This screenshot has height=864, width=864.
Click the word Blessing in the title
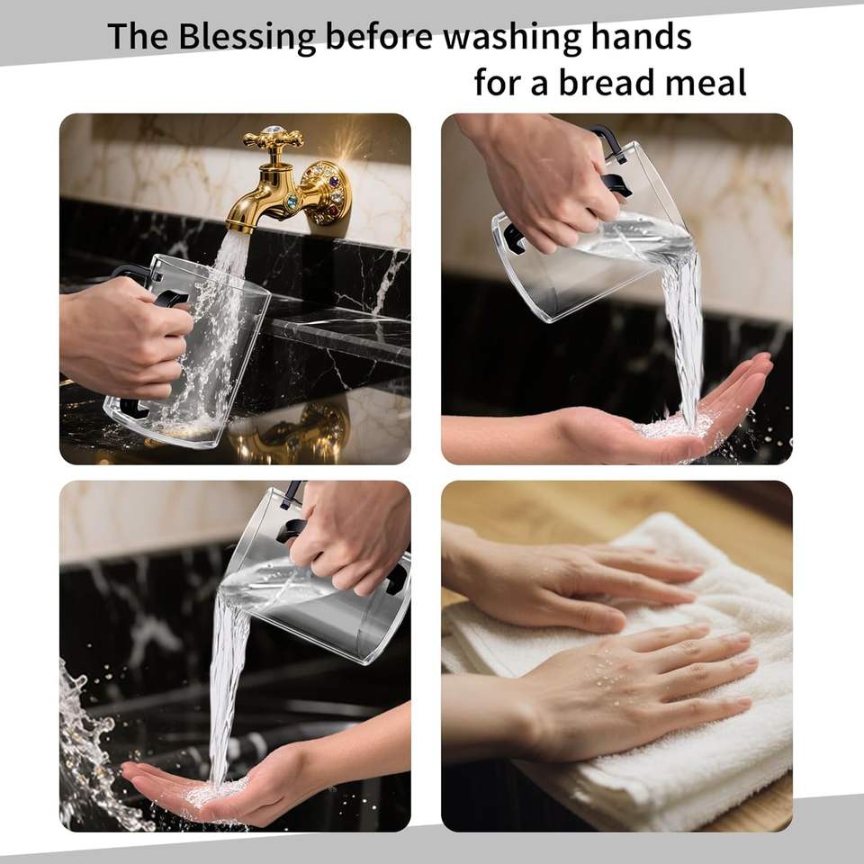[x=247, y=38]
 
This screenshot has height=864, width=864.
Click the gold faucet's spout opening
[x=239, y=225]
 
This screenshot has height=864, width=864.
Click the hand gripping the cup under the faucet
[x=126, y=337]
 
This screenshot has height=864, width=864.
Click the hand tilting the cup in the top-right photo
[x=545, y=176]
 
